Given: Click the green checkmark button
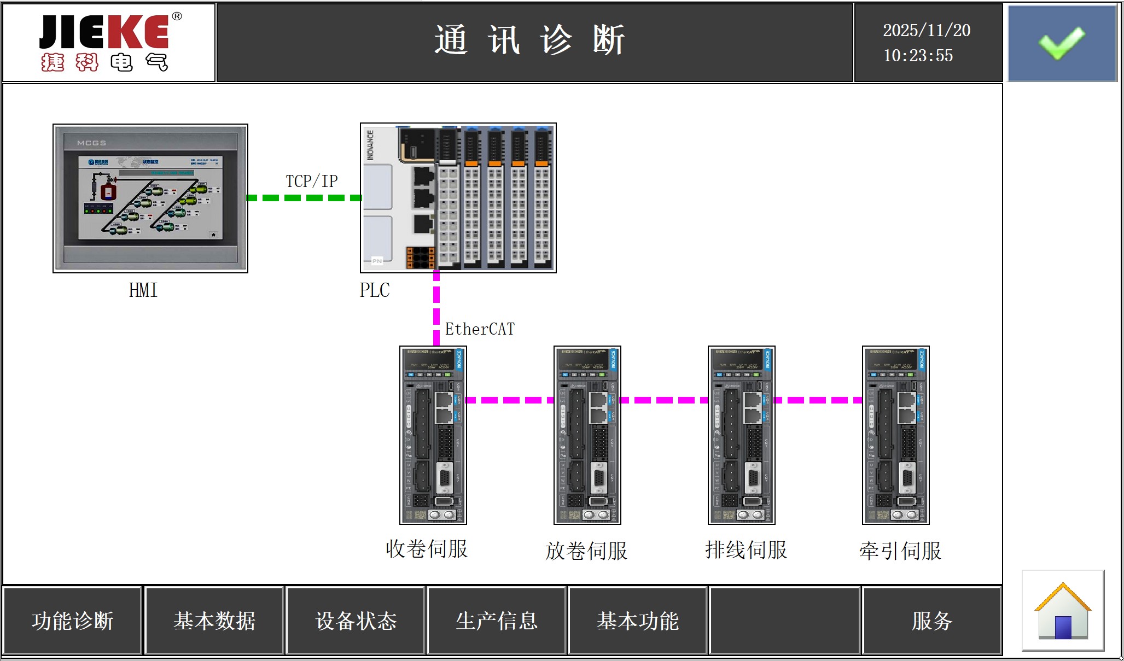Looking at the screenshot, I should [x=1062, y=43].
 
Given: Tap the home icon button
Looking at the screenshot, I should [x=1063, y=611].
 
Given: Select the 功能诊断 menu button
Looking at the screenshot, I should [x=73, y=621].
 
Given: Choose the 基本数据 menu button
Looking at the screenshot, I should [x=214, y=621].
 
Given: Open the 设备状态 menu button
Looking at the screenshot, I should [x=356, y=621].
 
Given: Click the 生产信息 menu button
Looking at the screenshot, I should [x=497, y=621].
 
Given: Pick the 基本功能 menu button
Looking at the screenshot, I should [x=638, y=621].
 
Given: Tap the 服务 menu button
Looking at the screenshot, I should [x=932, y=621].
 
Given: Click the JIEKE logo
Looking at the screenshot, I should [x=109, y=43].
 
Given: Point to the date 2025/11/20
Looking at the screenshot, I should [x=927, y=31].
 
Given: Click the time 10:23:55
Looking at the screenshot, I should [x=918, y=56].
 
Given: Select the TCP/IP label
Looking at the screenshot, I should [x=312, y=182].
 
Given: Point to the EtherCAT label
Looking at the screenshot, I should [x=480, y=329].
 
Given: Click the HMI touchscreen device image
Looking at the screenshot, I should [x=150, y=198].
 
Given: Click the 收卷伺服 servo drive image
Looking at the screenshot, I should [x=433, y=435].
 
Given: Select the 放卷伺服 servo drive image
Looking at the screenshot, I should [x=587, y=435].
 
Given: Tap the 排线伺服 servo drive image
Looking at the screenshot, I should [x=742, y=435].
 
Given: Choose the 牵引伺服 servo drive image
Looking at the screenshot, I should [x=896, y=435].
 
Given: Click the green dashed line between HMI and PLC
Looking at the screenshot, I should [x=304, y=198].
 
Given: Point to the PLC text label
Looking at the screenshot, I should [x=375, y=290].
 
